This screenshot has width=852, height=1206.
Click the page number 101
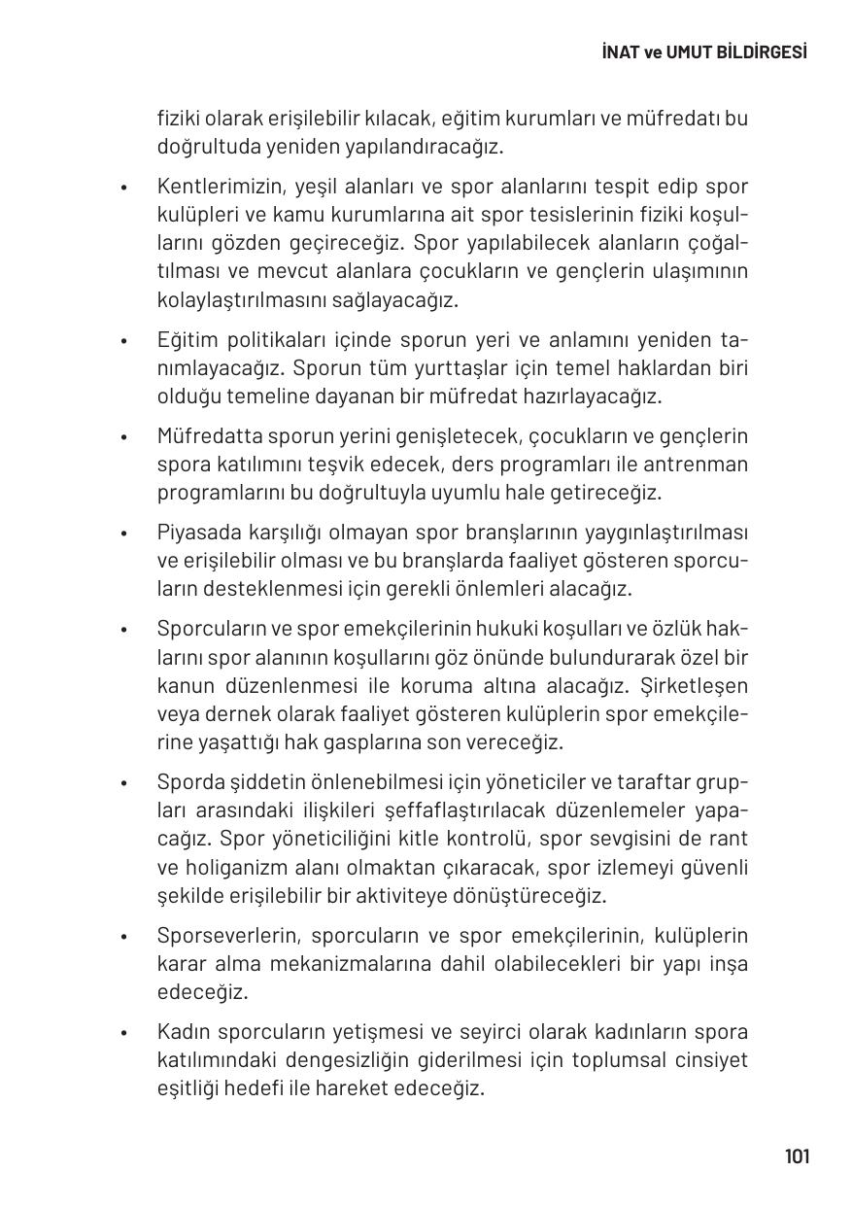[x=796, y=1155]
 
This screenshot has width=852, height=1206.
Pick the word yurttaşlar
[x=412, y=368]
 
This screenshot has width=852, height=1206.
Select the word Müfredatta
[x=204, y=436]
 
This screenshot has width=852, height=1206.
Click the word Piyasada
[x=196, y=533]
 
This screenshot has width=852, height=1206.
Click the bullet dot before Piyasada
[x=124, y=534]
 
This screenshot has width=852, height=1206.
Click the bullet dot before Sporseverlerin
[x=124, y=937]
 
